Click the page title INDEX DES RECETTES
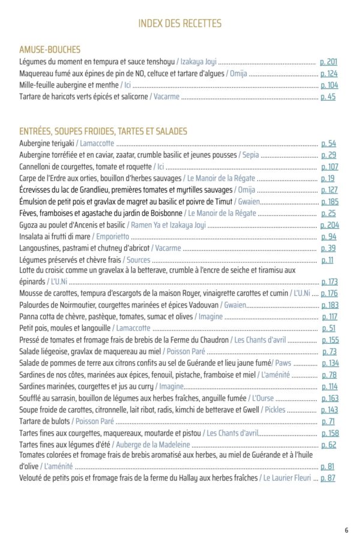coord(179,24)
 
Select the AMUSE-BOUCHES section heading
coord(50,50)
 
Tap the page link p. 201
coord(328,62)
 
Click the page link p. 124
coord(329,74)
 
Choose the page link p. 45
coord(328,97)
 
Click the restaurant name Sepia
coord(251,155)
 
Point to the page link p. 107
coord(329,167)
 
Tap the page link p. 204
coord(329,225)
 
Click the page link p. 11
coord(328,260)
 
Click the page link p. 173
coord(329,281)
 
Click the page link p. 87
coord(328,478)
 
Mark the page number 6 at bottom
coord(346,530)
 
